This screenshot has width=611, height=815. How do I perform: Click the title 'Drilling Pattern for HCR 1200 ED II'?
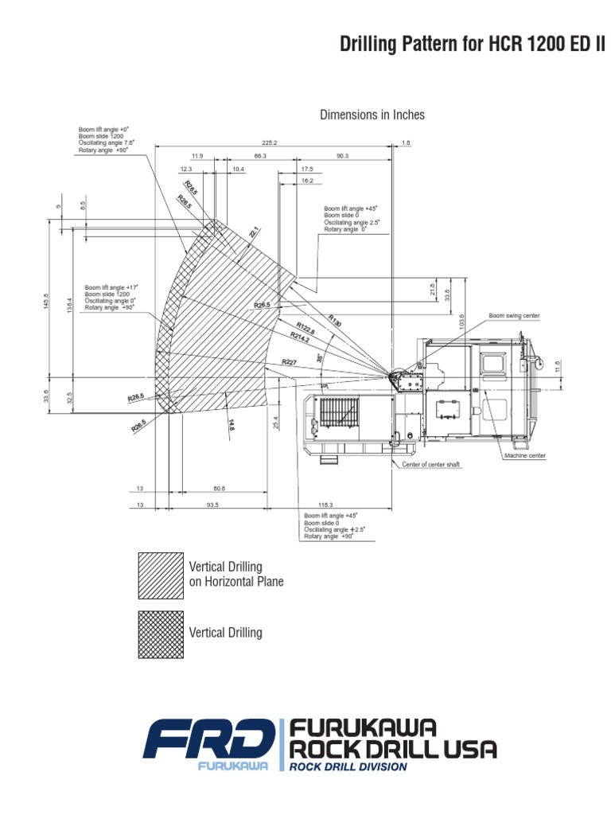click(473, 43)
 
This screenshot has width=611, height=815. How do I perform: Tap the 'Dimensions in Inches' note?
click(372, 115)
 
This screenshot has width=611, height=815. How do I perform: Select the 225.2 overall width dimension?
click(270, 142)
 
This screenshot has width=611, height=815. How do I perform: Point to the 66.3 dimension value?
click(260, 156)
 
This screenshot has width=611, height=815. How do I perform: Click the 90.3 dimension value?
click(343, 156)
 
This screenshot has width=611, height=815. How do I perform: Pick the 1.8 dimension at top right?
click(406, 142)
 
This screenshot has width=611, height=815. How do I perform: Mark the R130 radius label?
click(334, 322)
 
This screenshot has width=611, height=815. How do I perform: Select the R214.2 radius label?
click(300, 337)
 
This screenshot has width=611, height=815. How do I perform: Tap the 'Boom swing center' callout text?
click(514, 316)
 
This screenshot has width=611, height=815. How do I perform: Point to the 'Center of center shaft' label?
click(430, 463)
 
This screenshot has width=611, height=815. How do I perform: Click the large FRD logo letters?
click(208, 740)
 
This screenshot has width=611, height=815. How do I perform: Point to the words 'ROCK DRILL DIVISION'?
click(348, 766)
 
